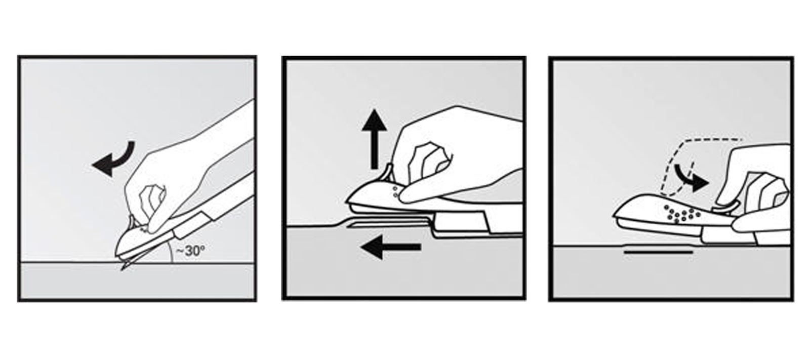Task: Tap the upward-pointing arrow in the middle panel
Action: click(x=375, y=139)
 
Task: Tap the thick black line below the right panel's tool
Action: click(x=658, y=252)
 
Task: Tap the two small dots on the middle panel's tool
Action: click(x=395, y=192)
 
